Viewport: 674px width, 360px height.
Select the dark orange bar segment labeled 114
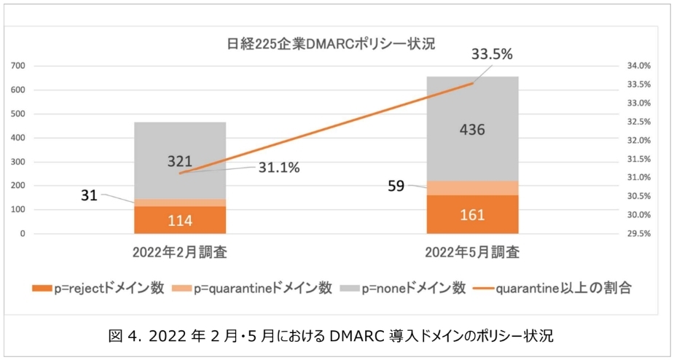[179, 219]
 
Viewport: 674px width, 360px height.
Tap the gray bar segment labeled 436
[472, 129]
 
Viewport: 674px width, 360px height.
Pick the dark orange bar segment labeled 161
[472, 214]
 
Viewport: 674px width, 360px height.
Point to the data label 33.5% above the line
[493, 54]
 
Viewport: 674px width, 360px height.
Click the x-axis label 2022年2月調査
[179, 253]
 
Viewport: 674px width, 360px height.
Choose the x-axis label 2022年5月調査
[472, 253]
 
